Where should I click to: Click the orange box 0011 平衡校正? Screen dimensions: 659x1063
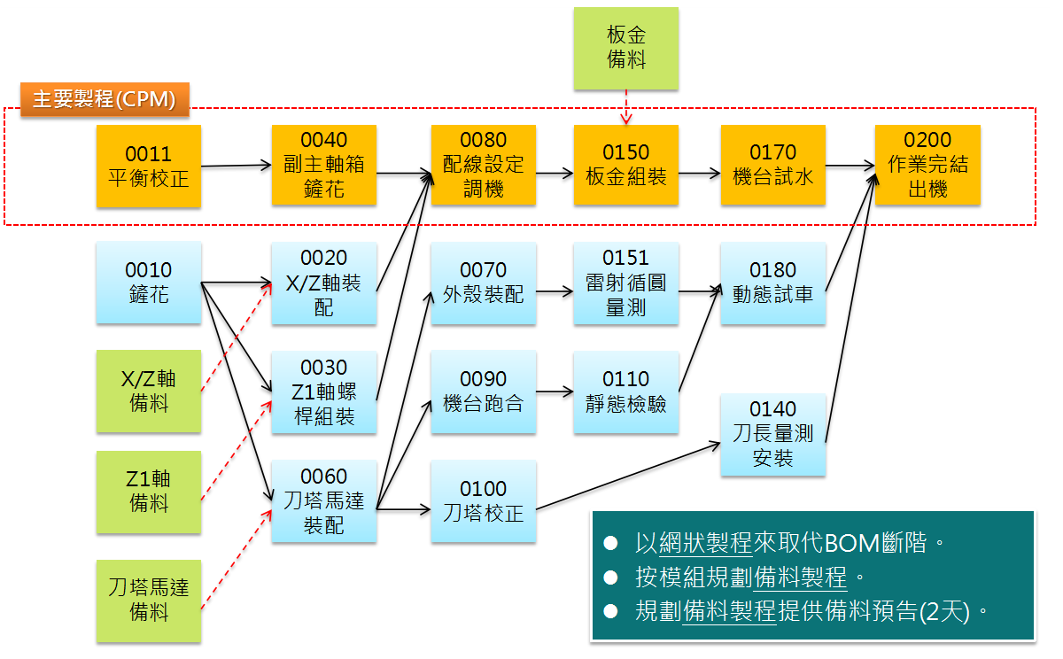tap(149, 166)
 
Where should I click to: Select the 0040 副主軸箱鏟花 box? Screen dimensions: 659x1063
tap(324, 166)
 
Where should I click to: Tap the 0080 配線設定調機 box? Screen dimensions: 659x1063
tap(484, 166)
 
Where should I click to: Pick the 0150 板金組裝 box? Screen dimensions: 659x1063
tap(625, 166)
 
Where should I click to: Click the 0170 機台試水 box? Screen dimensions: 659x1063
tap(772, 166)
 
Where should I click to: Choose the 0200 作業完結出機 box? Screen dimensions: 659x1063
tap(927, 166)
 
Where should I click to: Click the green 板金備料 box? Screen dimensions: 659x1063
tap(625, 48)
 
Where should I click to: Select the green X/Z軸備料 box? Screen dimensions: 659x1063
tap(149, 391)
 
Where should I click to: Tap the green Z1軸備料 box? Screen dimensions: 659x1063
tap(149, 492)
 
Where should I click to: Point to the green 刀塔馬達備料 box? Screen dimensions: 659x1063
tap(149, 600)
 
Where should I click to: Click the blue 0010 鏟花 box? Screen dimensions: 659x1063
tap(149, 283)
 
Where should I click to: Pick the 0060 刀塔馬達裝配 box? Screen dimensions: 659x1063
tap(324, 501)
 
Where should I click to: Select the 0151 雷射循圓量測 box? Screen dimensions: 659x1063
tap(625, 283)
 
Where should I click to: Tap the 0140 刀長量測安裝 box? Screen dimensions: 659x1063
tap(772, 434)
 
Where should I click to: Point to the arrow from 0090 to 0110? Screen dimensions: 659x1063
tap(555, 391)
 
